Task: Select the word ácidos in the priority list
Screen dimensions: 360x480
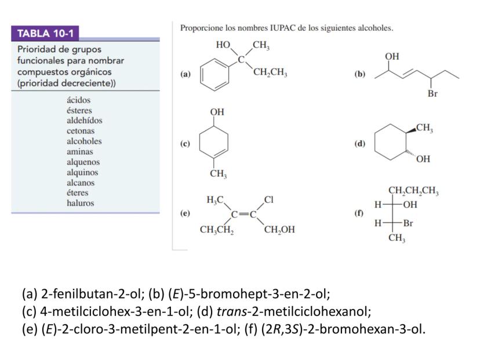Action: point(79,100)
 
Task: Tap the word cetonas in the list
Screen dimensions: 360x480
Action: point(80,131)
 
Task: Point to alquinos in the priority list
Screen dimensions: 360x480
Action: point(82,172)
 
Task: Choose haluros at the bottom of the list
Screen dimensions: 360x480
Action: point(80,203)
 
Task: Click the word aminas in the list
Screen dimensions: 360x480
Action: point(80,151)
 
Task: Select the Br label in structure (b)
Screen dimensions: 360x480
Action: point(432,94)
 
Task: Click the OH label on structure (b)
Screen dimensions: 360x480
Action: point(392,56)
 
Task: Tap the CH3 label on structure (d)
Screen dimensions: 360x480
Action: point(424,128)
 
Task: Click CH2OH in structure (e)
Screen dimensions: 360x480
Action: point(279,230)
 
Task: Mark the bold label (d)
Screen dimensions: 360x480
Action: point(359,144)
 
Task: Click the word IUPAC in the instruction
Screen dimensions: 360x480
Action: point(283,28)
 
